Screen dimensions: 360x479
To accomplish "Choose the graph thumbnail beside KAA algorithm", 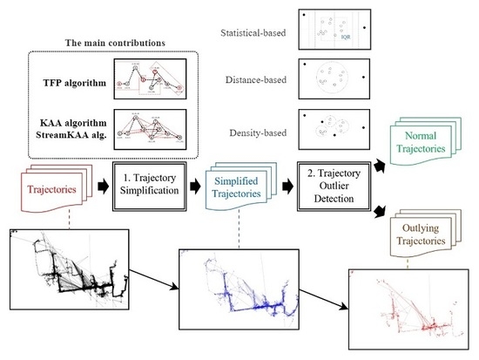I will point(154,127).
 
